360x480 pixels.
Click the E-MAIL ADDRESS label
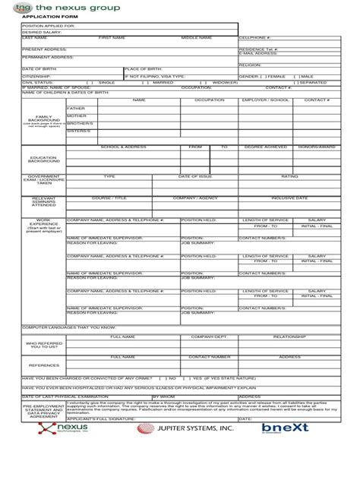(257, 53)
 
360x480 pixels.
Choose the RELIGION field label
(250, 65)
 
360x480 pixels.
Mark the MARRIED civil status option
(163, 82)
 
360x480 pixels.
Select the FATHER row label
(76, 109)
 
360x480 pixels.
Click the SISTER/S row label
(78, 131)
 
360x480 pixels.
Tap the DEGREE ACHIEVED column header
(265, 147)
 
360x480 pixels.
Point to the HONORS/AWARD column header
(317, 147)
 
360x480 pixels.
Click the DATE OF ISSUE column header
(194, 175)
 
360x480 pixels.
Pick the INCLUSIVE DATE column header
(289, 197)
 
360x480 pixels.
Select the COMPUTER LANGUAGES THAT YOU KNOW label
(58, 327)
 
